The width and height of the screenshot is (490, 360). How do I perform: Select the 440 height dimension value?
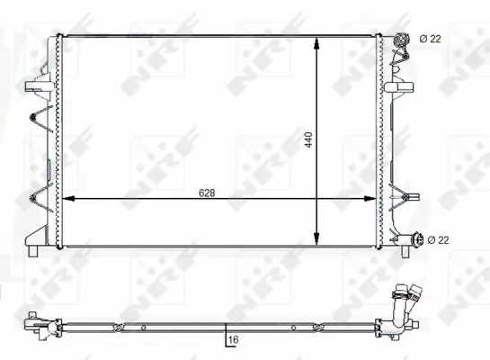click(x=308, y=140)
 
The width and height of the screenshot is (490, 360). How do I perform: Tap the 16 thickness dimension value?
click(x=233, y=340)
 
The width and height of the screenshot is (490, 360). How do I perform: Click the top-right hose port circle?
click(x=400, y=39)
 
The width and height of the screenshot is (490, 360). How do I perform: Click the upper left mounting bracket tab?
click(x=35, y=86)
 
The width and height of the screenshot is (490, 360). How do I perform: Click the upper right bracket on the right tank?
click(x=398, y=88)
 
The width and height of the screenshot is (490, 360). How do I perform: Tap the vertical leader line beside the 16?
click(x=225, y=335)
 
